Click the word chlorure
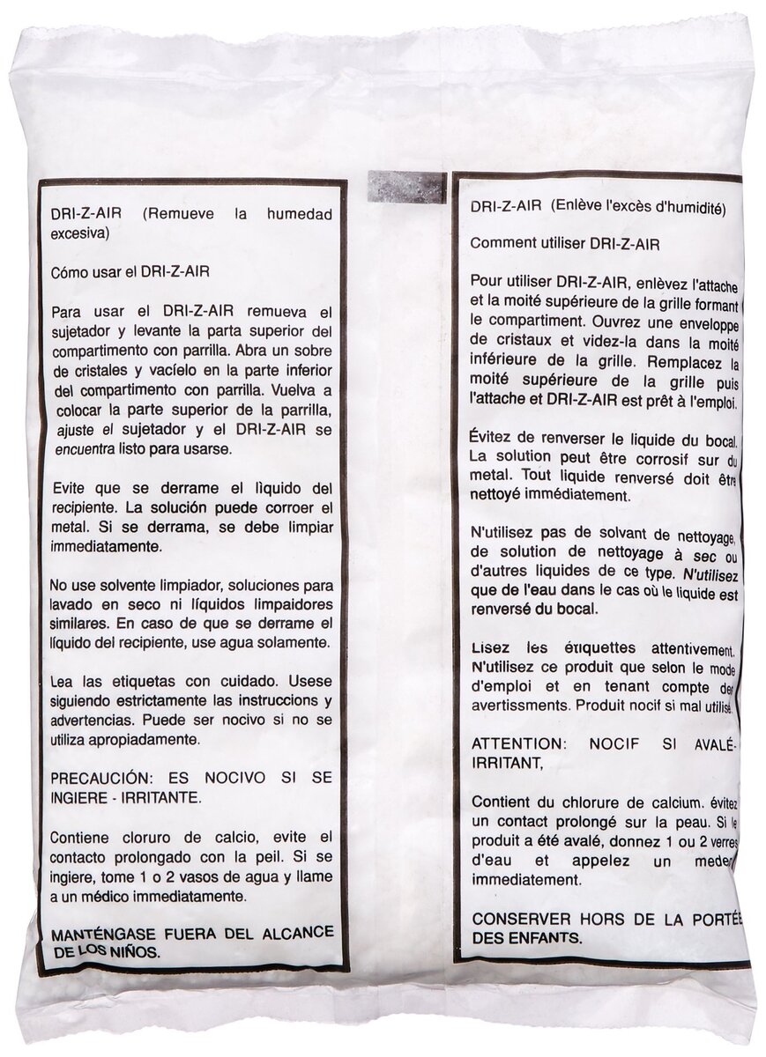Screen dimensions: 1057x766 click(x=594, y=802)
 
